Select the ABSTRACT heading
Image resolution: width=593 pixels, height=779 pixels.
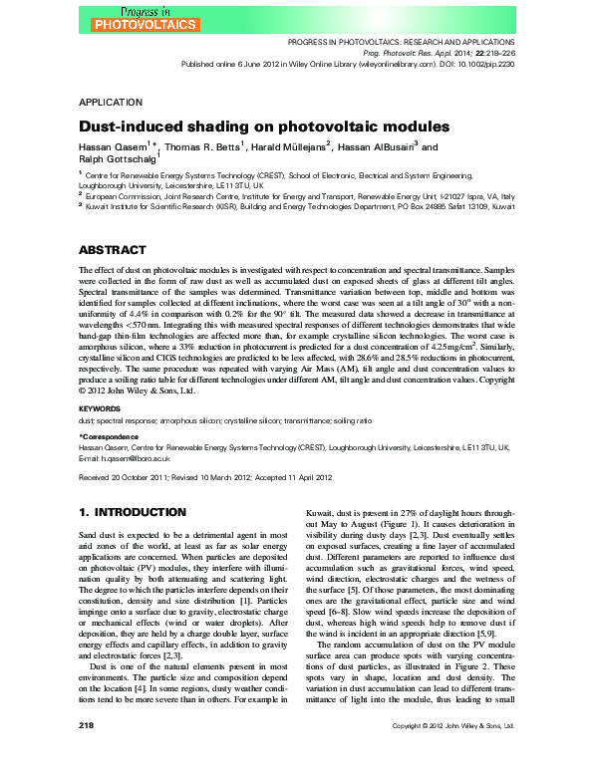(112, 249)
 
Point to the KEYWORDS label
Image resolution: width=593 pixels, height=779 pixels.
(100, 408)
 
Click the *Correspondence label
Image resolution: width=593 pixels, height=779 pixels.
(112, 437)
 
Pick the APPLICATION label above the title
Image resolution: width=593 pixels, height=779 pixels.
(113, 103)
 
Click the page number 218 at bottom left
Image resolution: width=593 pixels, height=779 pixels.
(86, 755)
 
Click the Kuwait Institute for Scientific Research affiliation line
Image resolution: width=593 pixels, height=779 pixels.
(299, 207)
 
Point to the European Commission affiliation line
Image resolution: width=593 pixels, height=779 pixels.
(299, 196)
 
